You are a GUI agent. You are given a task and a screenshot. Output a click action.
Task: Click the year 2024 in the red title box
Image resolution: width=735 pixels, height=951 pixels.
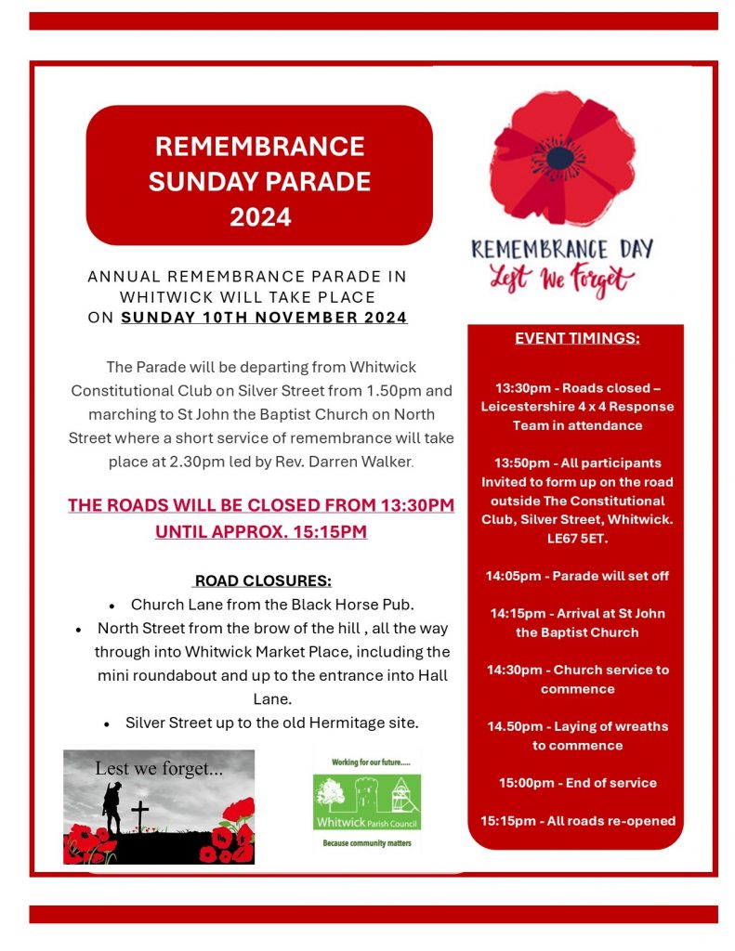click(260, 217)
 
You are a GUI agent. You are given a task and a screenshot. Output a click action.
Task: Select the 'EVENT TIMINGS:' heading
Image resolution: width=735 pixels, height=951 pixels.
click(577, 338)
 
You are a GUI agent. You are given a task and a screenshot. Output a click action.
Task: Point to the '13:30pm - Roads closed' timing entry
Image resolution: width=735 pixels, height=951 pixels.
click(577, 406)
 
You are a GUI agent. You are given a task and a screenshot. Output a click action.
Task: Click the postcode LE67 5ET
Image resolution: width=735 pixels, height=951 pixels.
click(577, 539)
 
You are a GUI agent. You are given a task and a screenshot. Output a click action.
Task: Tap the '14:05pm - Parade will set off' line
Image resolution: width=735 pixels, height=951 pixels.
click(577, 576)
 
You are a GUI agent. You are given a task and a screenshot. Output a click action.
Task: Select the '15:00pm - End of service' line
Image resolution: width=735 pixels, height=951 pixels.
click(577, 783)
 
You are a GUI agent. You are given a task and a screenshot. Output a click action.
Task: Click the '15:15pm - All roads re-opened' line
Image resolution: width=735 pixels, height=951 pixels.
click(577, 820)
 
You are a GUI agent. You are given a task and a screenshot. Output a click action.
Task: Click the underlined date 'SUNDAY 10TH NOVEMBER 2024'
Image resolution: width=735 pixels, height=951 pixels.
click(264, 318)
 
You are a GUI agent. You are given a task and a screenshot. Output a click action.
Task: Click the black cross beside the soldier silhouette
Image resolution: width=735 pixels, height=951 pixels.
click(139, 815)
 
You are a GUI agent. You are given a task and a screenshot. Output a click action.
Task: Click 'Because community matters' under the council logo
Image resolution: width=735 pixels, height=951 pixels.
click(366, 843)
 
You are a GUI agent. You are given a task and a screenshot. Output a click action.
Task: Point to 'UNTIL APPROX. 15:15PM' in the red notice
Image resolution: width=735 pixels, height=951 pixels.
click(261, 532)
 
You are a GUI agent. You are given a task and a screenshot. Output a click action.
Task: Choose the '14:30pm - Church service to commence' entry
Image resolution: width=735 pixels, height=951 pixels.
click(577, 679)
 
